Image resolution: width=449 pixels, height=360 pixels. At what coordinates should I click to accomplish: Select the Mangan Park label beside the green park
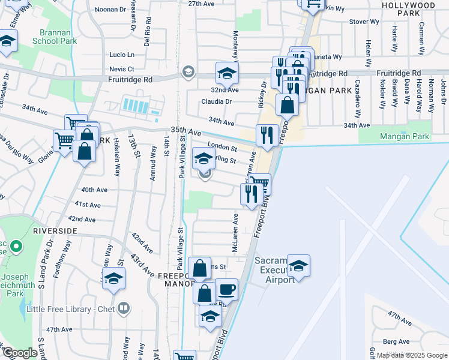tap(405, 136)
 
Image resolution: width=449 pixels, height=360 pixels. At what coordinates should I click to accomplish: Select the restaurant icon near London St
tap(267, 134)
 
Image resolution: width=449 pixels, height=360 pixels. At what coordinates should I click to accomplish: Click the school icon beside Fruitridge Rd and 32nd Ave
tap(227, 74)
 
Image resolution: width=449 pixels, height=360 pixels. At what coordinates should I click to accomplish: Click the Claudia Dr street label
tap(216, 101)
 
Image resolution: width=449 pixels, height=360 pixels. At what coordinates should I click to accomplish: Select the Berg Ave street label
tap(397, 341)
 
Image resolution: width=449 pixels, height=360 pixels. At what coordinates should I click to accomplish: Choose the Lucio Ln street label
tap(122, 55)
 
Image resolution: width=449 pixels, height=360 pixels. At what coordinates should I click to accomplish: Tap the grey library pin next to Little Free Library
tap(124, 308)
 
